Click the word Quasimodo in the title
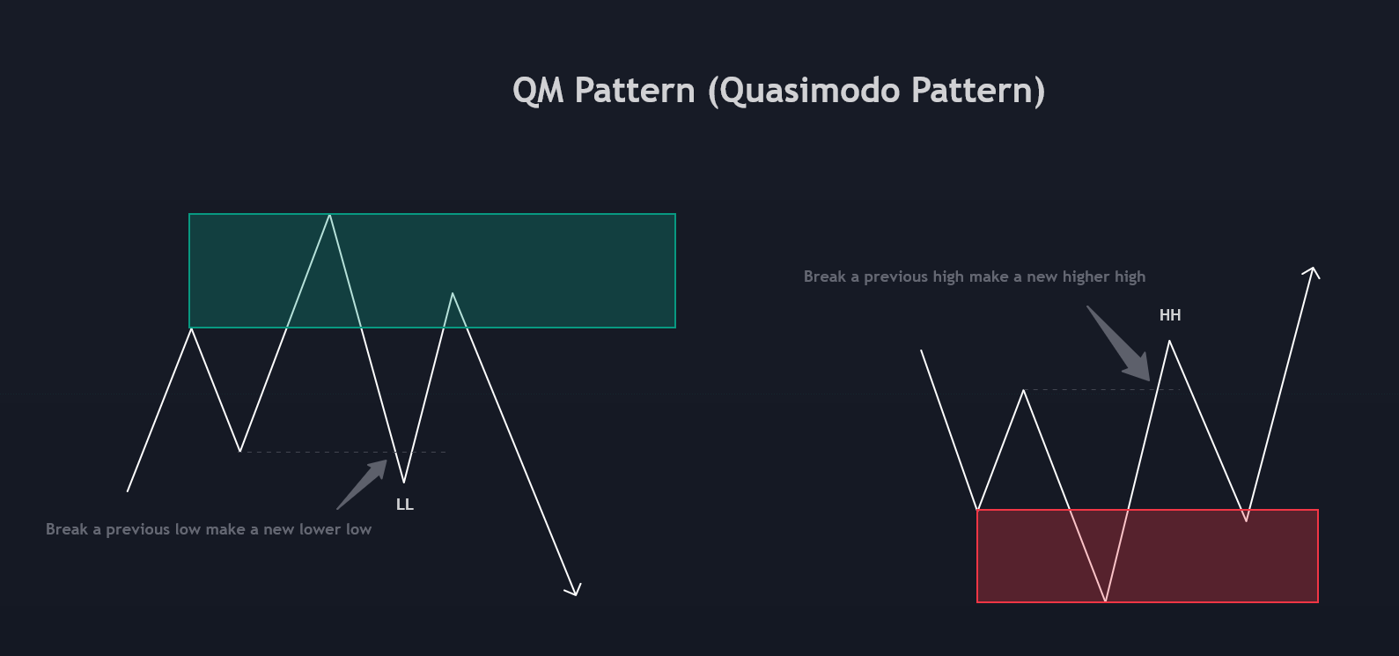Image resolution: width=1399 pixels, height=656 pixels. coord(810,92)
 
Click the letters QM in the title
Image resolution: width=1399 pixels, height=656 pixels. coord(538,90)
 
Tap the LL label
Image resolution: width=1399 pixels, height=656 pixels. coord(405,505)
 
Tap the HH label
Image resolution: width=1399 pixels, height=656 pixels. coord(1170,315)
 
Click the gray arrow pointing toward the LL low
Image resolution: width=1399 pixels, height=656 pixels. coord(362,484)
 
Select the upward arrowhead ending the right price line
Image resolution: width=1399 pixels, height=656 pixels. coord(1312,272)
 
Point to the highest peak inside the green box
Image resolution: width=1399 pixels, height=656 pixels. coord(329,215)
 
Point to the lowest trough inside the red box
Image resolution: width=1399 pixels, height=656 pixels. coord(1106,601)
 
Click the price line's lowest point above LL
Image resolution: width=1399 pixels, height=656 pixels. coord(404,482)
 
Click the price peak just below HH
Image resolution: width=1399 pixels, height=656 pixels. coord(1169,341)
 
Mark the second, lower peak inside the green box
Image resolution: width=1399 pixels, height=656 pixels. coord(453,293)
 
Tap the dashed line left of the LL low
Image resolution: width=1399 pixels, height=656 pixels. coord(342,452)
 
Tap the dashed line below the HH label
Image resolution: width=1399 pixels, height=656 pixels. coord(1101,390)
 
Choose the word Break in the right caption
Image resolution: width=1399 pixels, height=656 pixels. coord(824,276)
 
